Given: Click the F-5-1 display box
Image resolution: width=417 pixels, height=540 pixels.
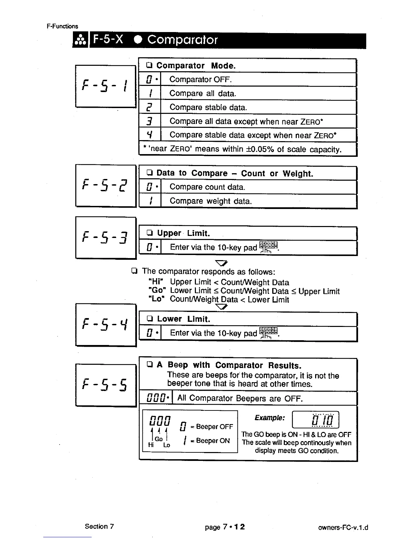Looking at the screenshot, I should pyautogui.click(x=106, y=86).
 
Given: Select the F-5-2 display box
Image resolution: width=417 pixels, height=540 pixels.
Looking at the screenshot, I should pyautogui.click(x=106, y=186).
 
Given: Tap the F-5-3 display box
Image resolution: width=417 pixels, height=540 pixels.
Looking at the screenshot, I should pyautogui.click(x=106, y=238).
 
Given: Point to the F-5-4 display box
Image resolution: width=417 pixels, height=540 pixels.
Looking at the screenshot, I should pyautogui.click(x=106, y=325).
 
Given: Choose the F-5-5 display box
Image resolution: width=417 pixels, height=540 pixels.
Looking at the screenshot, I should pyautogui.click(x=106, y=385).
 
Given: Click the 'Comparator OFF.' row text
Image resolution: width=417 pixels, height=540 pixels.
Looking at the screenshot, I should pyautogui.click(x=200, y=80).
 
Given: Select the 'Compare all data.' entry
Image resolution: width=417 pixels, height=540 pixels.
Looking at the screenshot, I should pyautogui.click(x=203, y=93).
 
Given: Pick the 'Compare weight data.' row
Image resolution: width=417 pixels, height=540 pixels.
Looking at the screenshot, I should pyautogui.click(x=211, y=201).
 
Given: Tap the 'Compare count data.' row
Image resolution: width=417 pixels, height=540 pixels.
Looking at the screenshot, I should pyautogui.click(x=207, y=187).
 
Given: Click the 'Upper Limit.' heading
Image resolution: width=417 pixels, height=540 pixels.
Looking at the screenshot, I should pyautogui.click(x=183, y=234).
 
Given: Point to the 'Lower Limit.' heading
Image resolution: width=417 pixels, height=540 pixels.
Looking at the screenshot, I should pyautogui.click(x=183, y=319).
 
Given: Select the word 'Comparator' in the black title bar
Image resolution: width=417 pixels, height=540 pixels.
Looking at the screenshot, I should pyautogui.click(x=182, y=40).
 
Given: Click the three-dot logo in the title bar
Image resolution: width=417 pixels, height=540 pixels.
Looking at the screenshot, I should pyautogui.click(x=81, y=41).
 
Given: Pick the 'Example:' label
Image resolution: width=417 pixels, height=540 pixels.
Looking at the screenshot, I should pyautogui.click(x=269, y=418).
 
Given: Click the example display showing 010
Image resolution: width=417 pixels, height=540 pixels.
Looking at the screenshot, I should pyautogui.click(x=315, y=420).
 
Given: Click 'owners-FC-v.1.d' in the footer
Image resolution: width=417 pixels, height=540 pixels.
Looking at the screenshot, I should pyautogui.click(x=343, y=528).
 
